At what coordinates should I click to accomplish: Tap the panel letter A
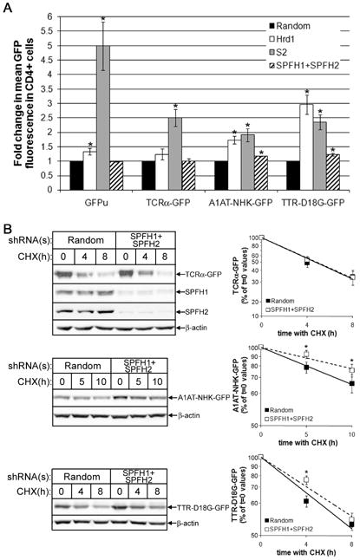point(10,8)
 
